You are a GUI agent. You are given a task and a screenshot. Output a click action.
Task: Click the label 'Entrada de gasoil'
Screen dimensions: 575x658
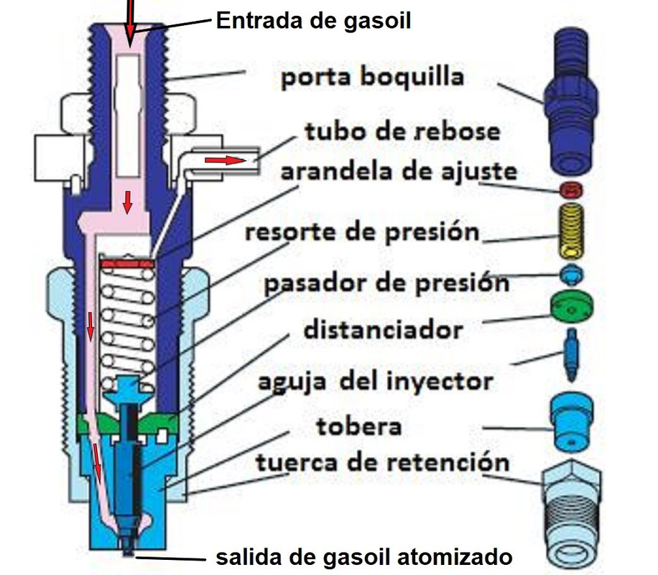[x=313, y=20]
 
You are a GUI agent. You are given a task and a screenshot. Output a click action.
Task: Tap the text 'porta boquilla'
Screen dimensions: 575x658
[x=372, y=77]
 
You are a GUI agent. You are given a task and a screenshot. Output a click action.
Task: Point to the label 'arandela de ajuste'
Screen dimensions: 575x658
[x=398, y=172]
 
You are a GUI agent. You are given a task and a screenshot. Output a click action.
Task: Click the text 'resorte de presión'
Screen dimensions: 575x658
[x=362, y=233]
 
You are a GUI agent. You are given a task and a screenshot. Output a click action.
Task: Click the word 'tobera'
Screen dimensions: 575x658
[x=358, y=426]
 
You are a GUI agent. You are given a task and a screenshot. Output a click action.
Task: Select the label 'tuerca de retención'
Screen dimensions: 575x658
[x=382, y=461]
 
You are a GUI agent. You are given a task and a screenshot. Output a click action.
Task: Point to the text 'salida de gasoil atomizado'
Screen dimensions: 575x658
[x=365, y=557]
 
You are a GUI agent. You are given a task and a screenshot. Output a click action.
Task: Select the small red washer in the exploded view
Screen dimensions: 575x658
[x=571, y=190]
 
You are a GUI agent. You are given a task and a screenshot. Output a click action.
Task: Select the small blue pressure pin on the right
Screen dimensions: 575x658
[x=572, y=275]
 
